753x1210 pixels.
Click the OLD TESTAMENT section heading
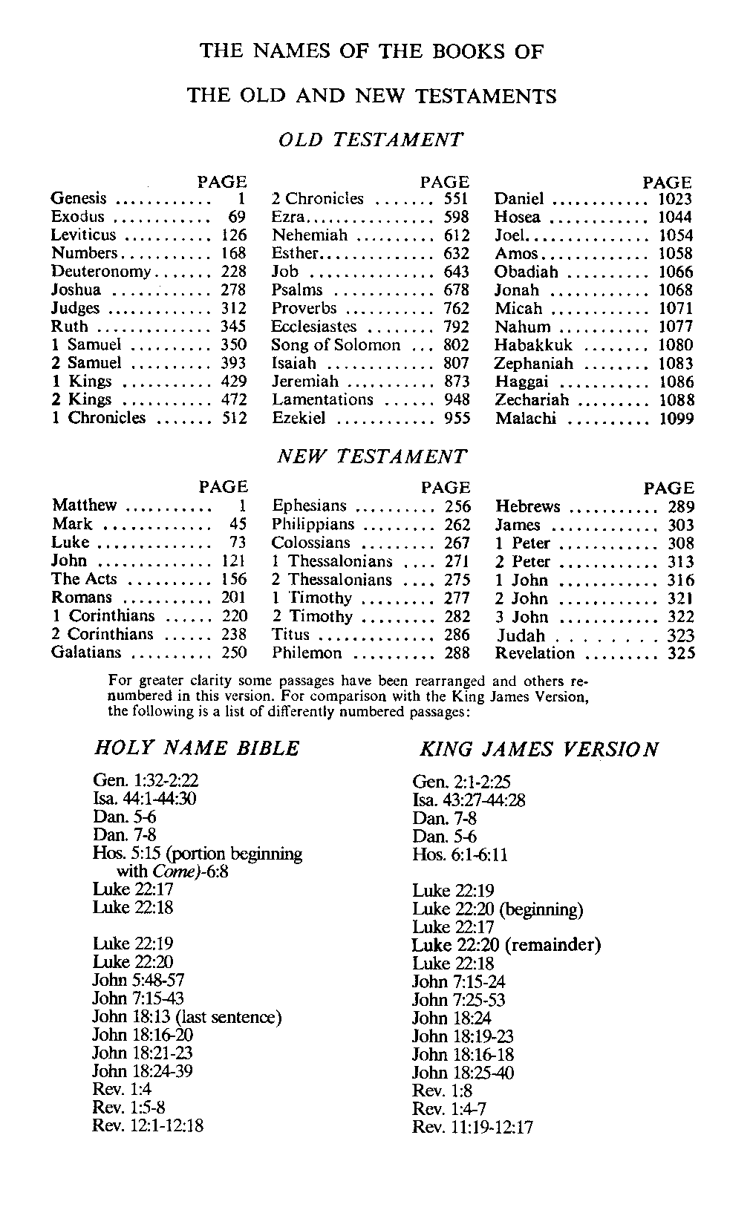coord(371,139)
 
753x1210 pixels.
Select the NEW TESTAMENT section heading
coord(372,456)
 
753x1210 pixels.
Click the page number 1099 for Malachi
coord(676,419)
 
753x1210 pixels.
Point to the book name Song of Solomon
coord(335,345)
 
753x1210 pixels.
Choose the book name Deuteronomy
coord(101,272)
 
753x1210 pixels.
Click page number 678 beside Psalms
coord(455,290)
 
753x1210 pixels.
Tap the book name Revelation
coord(535,653)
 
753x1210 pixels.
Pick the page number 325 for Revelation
coord(680,653)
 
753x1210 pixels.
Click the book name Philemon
coord(307,653)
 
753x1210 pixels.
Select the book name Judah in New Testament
coord(521,635)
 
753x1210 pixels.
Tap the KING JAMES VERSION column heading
coord(539,749)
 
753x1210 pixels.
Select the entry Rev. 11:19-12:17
coord(472,1128)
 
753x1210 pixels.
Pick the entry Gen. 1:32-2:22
coord(146,781)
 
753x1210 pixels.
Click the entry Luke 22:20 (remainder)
coord(506,945)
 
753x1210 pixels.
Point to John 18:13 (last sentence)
coord(186,1017)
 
